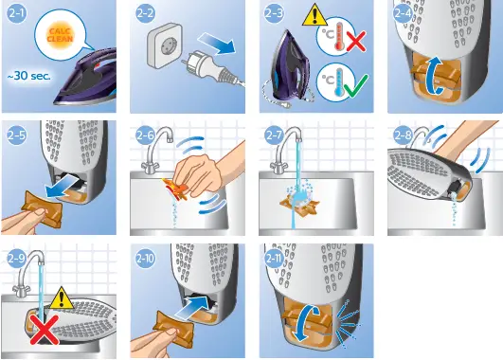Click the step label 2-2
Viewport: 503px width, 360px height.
coord(145,13)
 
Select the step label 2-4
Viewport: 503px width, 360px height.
coord(402,13)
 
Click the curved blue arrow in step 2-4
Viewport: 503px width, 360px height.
coord(435,71)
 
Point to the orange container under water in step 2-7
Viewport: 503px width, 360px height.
coord(296,201)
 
